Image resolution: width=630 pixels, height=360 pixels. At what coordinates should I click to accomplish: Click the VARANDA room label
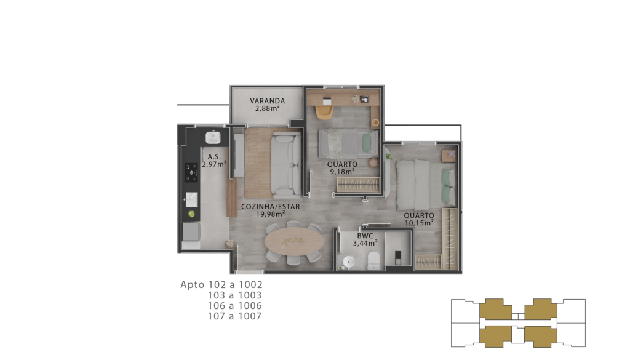tap(267, 101)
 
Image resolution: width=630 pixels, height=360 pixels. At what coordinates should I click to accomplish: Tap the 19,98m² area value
tap(271, 214)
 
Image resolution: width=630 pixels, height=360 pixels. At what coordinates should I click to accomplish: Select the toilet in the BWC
tap(373, 260)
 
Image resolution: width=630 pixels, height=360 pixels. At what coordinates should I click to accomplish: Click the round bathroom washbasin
tap(348, 263)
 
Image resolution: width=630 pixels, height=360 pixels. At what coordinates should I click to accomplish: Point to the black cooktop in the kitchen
tap(191, 172)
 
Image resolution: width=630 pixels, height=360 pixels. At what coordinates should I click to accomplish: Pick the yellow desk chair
tap(324, 112)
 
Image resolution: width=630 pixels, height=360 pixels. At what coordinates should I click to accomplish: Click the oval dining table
tap(294, 242)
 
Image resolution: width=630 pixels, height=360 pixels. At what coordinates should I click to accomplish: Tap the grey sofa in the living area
tap(285, 166)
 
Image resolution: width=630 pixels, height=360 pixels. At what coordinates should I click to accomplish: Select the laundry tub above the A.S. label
tap(213, 137)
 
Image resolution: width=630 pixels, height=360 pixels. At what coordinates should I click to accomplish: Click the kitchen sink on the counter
tap(191, 199)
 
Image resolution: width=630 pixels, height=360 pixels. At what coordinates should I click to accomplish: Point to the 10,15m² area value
tap(419, 223)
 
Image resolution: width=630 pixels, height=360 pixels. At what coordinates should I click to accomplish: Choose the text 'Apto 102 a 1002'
tap(221, 284)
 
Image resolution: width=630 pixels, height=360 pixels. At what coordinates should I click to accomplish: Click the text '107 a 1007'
tap(234, 316)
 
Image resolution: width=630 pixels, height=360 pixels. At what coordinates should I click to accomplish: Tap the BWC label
tap(365, 236)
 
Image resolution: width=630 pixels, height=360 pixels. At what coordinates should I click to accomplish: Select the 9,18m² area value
tap(342, 172)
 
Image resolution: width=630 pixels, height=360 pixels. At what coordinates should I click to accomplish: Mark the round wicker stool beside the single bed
tap(374, 162)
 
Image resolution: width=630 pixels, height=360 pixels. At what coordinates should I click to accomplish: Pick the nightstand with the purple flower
tap(449, 155)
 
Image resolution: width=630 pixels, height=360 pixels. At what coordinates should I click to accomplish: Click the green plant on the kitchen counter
tap(192, 214)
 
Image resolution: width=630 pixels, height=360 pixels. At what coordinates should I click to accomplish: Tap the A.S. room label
tap(214, 157)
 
